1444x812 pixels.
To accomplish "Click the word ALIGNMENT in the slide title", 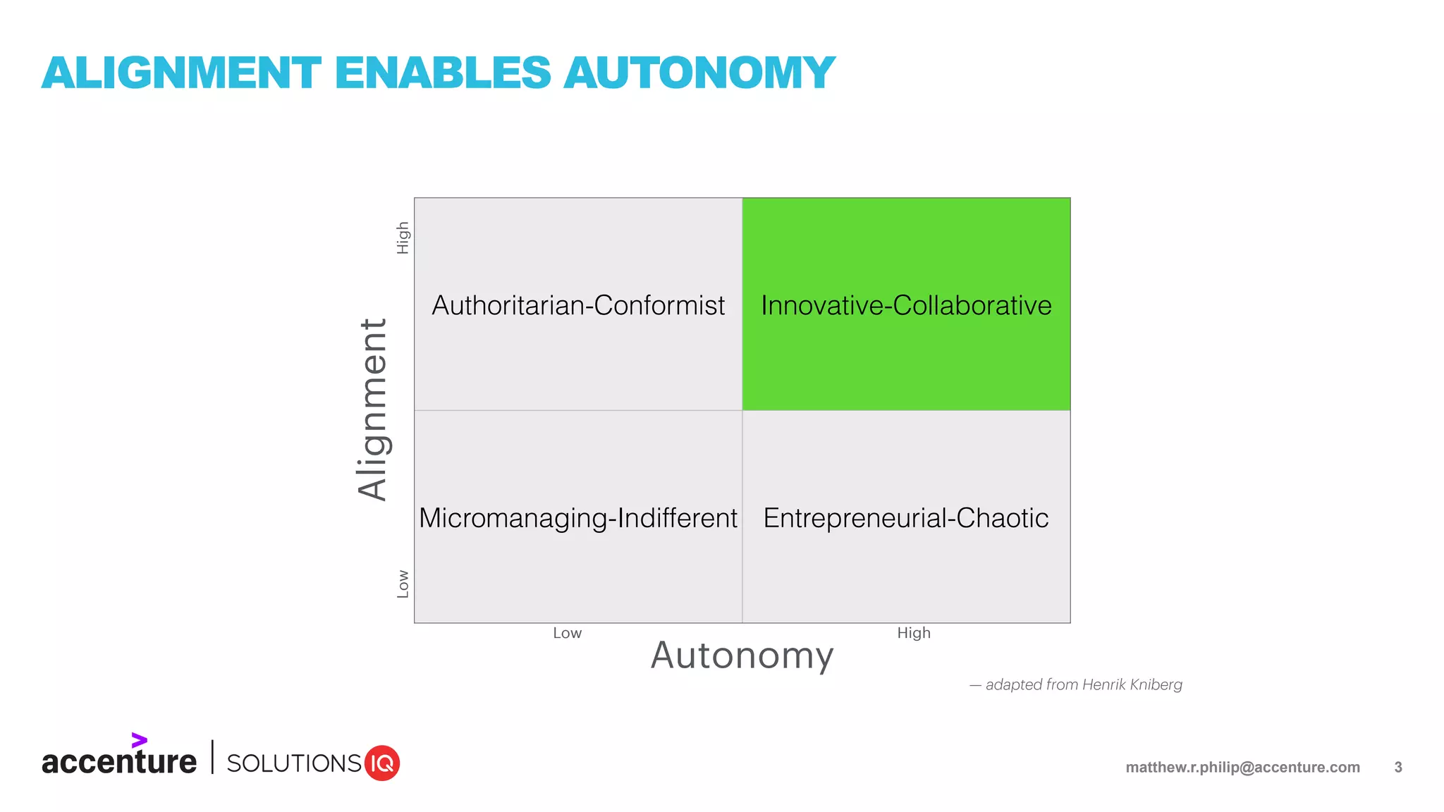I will click(181, 73).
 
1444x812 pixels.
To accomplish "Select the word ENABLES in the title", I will click(443, 73).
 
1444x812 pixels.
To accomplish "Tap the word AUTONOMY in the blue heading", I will click(699, 73).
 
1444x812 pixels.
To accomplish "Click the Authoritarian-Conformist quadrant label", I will click(578, 306).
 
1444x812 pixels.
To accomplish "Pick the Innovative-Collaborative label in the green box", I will click(906, 306).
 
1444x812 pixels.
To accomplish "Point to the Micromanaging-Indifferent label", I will click(578, 519).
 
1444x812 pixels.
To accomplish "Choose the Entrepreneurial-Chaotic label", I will click(906, 519).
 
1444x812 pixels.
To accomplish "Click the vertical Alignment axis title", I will click(373, 410).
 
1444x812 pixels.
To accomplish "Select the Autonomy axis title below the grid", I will click(742, 656).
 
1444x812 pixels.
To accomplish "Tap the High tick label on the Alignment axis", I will click(403, 238).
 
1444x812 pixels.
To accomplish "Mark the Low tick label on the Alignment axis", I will click(403, 584).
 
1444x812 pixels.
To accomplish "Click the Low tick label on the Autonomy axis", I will click(568, 633).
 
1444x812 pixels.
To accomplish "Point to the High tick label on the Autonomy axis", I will click(914, 633).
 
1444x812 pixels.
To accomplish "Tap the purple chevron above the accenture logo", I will click(139, 740).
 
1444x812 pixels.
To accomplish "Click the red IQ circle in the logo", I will click(382, 763).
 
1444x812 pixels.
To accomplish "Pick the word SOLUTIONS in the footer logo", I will click(294, 763).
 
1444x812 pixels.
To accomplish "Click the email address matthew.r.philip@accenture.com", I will click(1242, 768).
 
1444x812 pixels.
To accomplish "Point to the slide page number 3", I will click(1398, 768).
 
